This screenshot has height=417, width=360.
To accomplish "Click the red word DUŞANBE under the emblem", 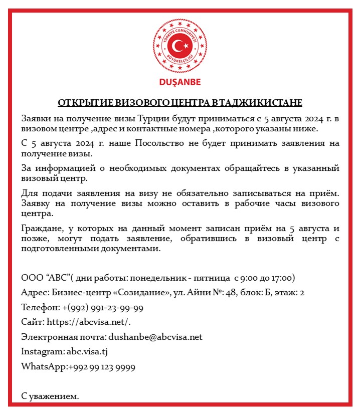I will (x=179, y=82).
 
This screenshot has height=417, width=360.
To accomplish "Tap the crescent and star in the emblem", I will (x=179, y=47).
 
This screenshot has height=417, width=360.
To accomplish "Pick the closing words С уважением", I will (x=50, y=396).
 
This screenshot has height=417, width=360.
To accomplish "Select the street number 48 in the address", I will (x=231, y=292).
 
